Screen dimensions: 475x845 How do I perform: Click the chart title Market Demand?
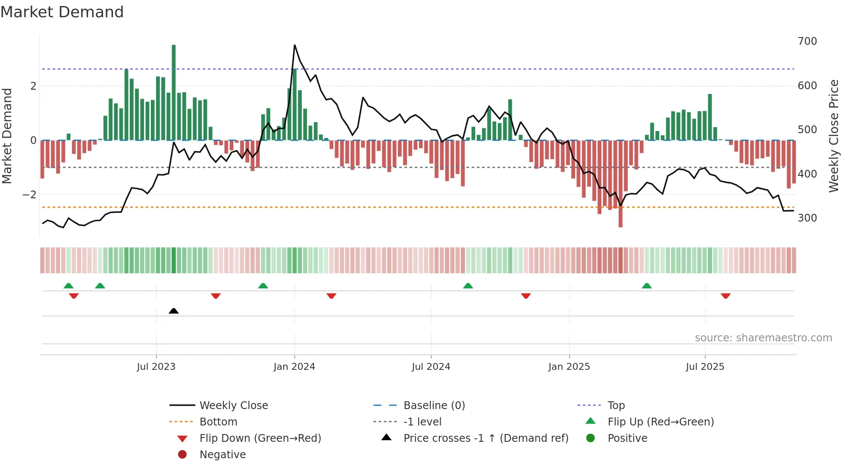pos(62,12)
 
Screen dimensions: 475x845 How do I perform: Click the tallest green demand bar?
pos(174,93)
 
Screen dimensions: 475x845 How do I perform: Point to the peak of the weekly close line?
pos(294,45)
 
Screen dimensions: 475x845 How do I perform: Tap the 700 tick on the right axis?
pos(807,41)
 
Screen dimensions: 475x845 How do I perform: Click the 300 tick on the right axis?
pos(807,218)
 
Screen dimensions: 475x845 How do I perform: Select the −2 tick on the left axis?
pos(30,195)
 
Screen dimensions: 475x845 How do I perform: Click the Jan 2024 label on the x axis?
pos(294,367)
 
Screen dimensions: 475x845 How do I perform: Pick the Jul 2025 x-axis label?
pos(705,367)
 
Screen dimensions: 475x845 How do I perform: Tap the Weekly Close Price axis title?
pos(834,136)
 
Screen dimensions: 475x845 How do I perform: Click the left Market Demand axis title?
pos(7,136)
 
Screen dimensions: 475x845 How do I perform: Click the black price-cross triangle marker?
pos(174,311)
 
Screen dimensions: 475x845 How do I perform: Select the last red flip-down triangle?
pos(726,296)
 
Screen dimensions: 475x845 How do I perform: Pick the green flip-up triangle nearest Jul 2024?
pos(468,286)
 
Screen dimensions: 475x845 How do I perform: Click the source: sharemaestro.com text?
pos(763,338)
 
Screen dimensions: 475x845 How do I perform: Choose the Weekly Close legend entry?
pos(233,406)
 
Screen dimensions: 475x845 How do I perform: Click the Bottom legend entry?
pos(218,422)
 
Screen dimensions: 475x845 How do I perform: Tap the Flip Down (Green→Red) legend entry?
pos(260,438)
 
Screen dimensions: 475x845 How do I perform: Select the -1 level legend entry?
pos(422,422)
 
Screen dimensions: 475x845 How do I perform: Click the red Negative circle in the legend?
pos(182,455)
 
